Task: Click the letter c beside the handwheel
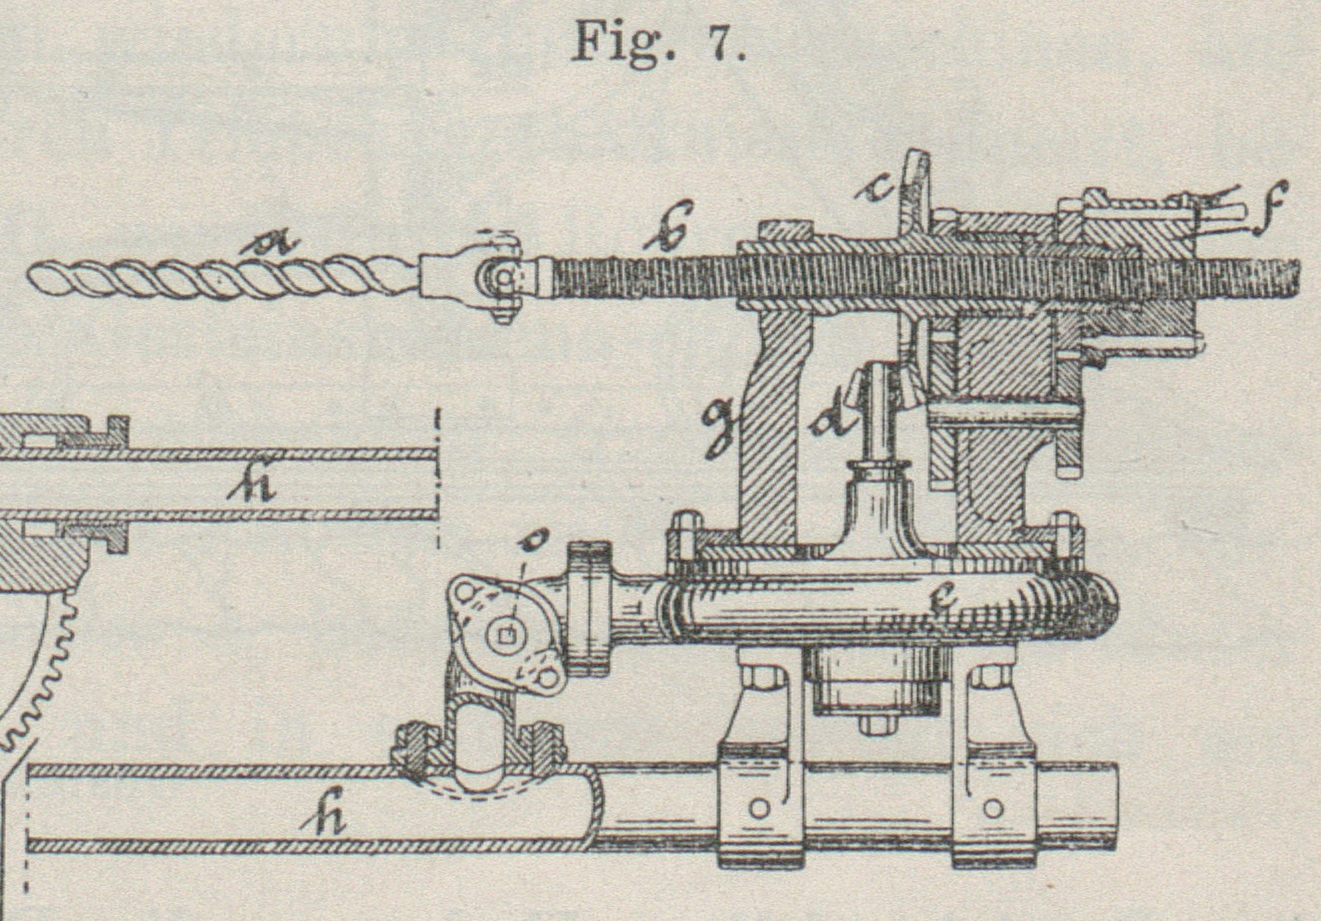point(877,186)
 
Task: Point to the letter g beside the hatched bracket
point(717,427)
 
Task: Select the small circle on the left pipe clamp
point(759,806)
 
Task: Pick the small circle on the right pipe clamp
point(992,806)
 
